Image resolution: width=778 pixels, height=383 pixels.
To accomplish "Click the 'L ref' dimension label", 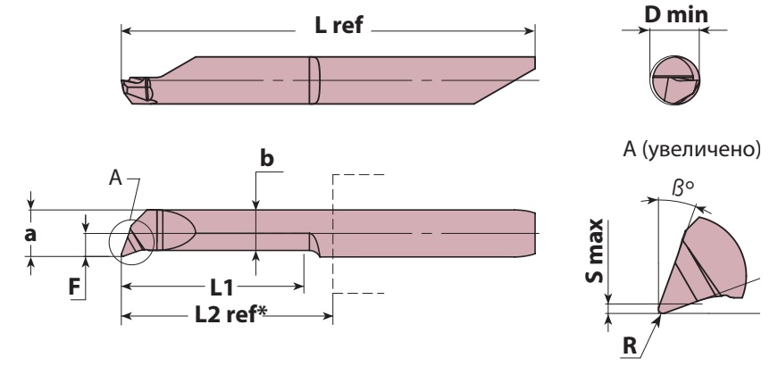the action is point(339,25).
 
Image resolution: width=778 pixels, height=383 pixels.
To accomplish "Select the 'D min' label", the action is point(676,15).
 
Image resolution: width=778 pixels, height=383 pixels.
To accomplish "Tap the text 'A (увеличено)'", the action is point(691,149).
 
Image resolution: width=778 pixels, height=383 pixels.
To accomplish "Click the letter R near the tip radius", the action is point(629,346).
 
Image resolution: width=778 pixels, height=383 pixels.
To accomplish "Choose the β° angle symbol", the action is point(682,187).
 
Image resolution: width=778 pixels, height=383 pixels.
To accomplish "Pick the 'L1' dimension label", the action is point(222,287).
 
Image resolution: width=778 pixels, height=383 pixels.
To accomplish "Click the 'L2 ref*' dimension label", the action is point(230,314).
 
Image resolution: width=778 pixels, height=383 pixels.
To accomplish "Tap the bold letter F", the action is point(74,287).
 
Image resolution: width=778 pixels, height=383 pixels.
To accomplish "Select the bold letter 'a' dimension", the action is point(30,234).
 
